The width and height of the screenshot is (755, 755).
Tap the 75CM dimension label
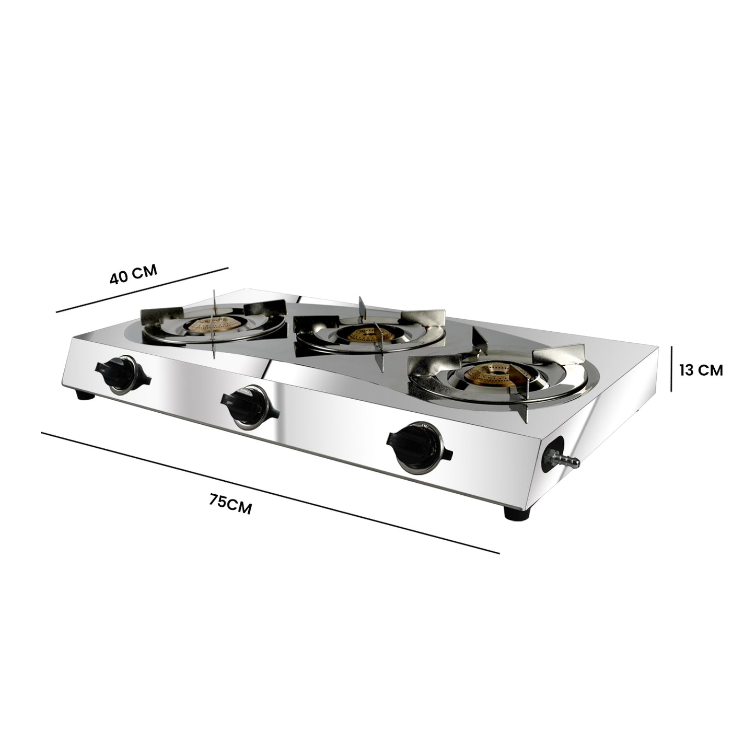point(230,505)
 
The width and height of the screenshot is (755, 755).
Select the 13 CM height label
point(701,370)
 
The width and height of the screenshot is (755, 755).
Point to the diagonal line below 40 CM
point(142,290)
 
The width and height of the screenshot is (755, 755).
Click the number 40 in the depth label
point(120,278)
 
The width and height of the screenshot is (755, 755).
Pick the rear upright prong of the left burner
point(215,303)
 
